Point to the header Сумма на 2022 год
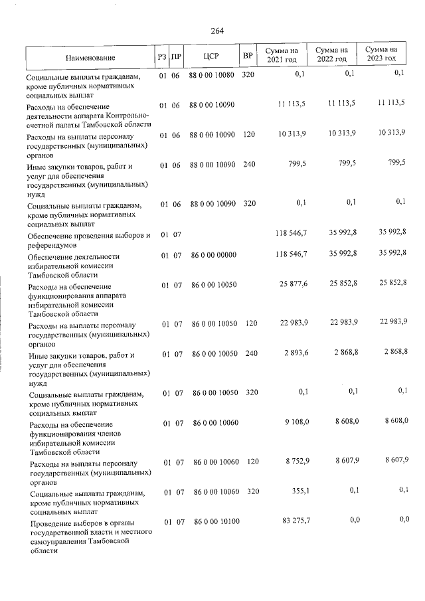coord(331,54)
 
